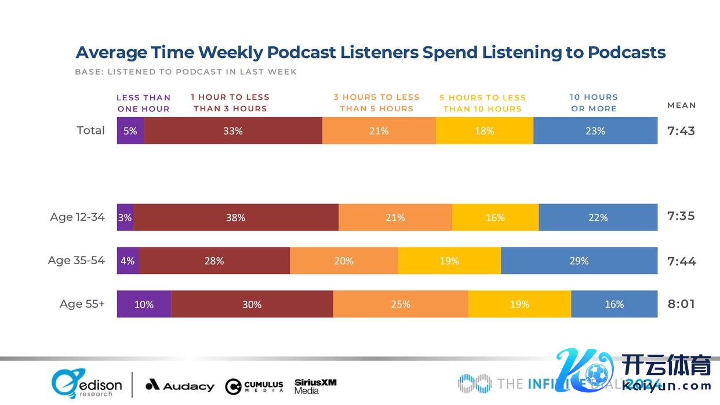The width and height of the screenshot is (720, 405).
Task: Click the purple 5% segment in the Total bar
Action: (x=130, y=131)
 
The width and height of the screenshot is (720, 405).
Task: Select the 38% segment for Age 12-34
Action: (x=236, y=218)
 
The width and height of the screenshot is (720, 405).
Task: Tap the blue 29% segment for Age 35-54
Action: (x=579, y=261)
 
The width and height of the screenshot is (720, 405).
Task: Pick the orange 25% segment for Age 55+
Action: (x=401, y=304)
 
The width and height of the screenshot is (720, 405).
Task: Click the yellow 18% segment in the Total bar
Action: (x=484, y=131)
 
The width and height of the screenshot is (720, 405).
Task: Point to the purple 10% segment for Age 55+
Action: (x=144, y=304)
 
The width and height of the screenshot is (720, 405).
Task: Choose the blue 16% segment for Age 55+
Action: (x=614, y=304)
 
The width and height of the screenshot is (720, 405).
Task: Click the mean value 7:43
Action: (x=681, y=131)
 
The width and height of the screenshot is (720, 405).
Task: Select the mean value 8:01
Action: (x=681, y=304)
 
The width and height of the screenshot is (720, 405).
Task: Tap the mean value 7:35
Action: (x=681, y=217)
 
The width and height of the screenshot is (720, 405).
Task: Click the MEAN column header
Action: (x=681, y=105)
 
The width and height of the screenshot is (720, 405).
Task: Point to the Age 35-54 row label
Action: (x=77, y=261)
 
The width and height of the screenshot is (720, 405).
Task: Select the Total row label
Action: (x=91, y=130)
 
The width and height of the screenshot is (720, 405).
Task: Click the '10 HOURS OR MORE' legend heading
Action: (x=594, y=103)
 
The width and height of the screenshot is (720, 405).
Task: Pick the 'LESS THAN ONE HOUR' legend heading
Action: (x=144, y=103)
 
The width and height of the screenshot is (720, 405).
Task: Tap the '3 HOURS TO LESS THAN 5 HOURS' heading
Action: (x=376, y=103)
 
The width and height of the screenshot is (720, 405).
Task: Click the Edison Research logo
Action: (x=87, y=384)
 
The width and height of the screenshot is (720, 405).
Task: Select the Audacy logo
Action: (x=180, y=385)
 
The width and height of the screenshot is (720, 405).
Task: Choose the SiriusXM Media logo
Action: (x=315, y=386)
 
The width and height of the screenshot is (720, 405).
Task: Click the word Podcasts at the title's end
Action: (x=627, y=53)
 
